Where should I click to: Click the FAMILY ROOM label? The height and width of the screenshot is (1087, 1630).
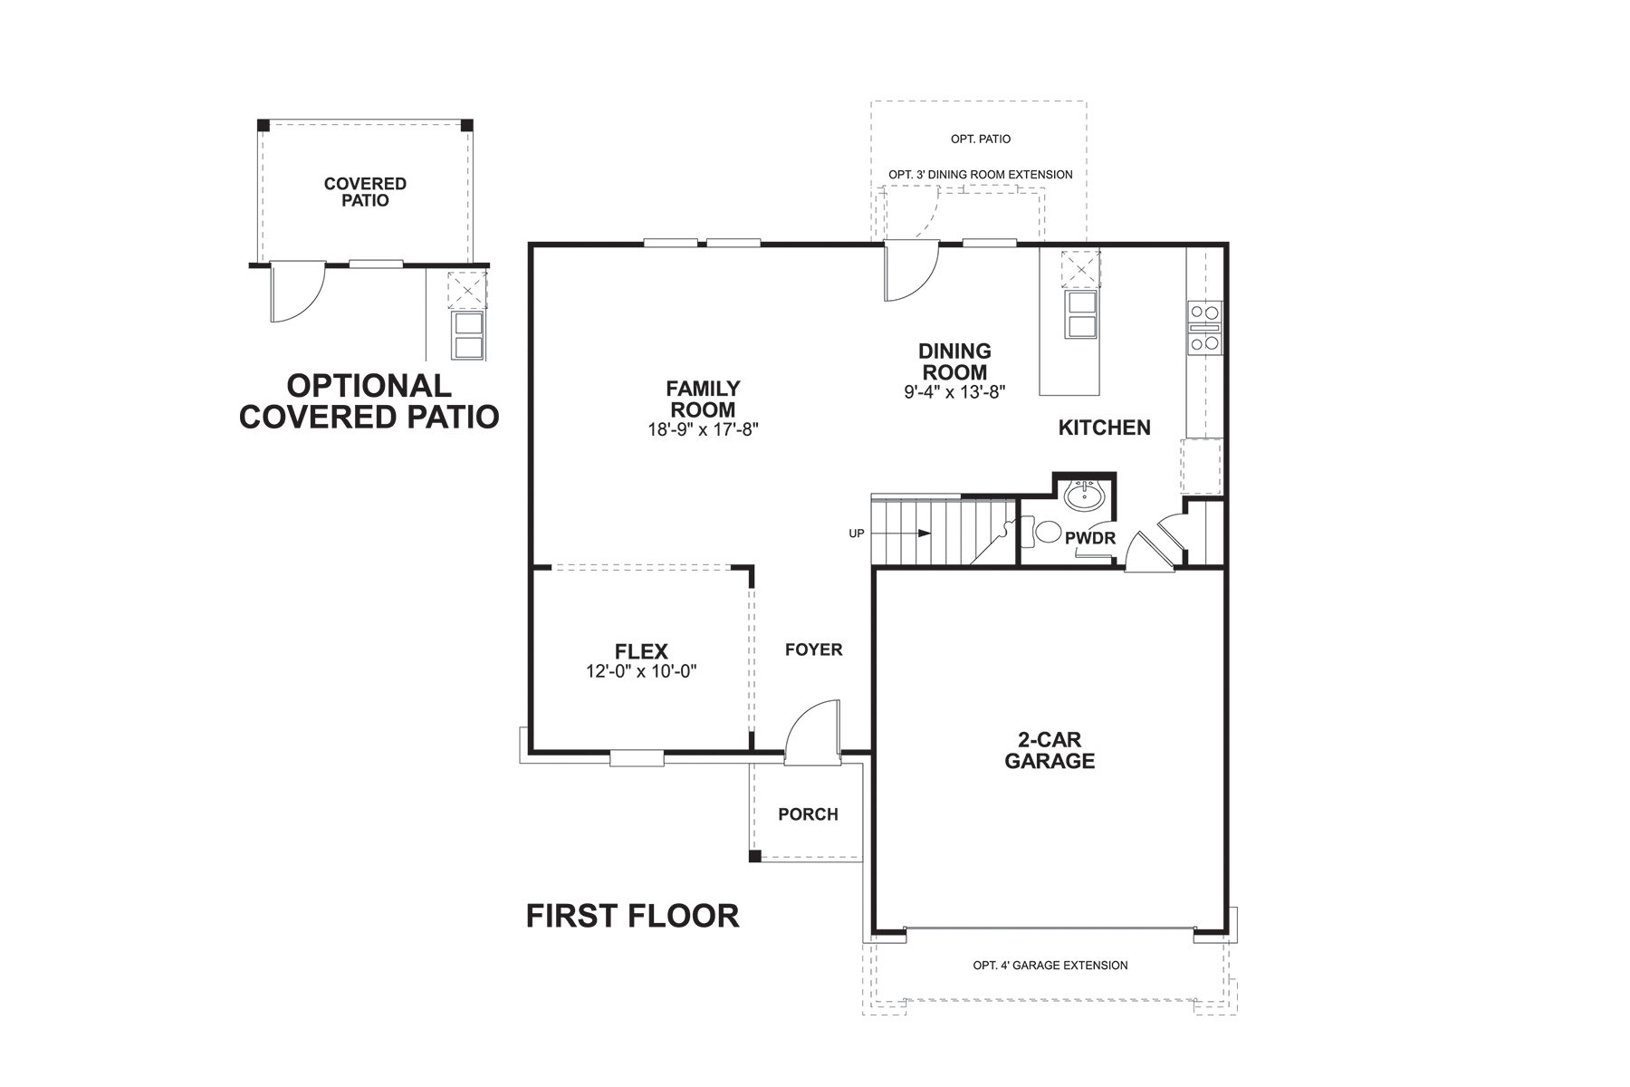703,399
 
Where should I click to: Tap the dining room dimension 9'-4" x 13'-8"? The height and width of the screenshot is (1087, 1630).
954,392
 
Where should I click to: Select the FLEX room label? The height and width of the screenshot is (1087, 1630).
641,651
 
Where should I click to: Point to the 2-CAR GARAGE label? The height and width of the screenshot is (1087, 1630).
1050,751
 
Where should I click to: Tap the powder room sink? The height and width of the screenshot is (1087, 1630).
1083,495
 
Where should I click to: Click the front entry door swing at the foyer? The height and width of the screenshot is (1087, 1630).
812,729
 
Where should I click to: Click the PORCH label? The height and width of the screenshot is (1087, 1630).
808,814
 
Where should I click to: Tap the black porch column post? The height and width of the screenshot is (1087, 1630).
755,855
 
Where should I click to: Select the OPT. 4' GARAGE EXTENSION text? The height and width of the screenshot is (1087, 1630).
1050,966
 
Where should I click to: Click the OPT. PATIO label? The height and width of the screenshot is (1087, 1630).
980,139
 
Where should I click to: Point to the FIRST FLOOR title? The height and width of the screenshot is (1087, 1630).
632,916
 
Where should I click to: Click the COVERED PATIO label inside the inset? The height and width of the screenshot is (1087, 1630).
365,192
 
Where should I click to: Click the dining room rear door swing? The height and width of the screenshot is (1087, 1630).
911,272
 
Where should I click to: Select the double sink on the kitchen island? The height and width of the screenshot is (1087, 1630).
1081,313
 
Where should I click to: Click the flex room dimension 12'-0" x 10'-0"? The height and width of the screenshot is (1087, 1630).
641,672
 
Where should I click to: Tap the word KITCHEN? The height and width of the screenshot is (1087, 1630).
1104,428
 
